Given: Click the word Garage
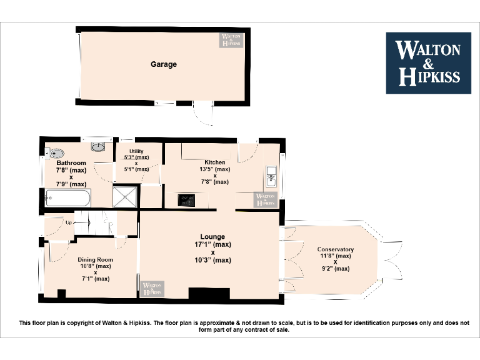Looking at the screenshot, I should pos(163,64).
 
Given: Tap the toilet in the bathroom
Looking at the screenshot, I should pos(56,151).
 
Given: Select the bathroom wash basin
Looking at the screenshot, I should pos(98,147).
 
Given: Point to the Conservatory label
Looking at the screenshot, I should pos(335,249).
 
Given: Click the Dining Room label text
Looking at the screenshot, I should pos(96,259).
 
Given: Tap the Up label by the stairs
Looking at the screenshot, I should pos(68,222).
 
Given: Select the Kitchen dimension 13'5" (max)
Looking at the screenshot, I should pos(214,169).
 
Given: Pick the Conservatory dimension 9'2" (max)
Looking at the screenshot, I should pos(335,269).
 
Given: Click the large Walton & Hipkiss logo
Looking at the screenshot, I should pos(428,62).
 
